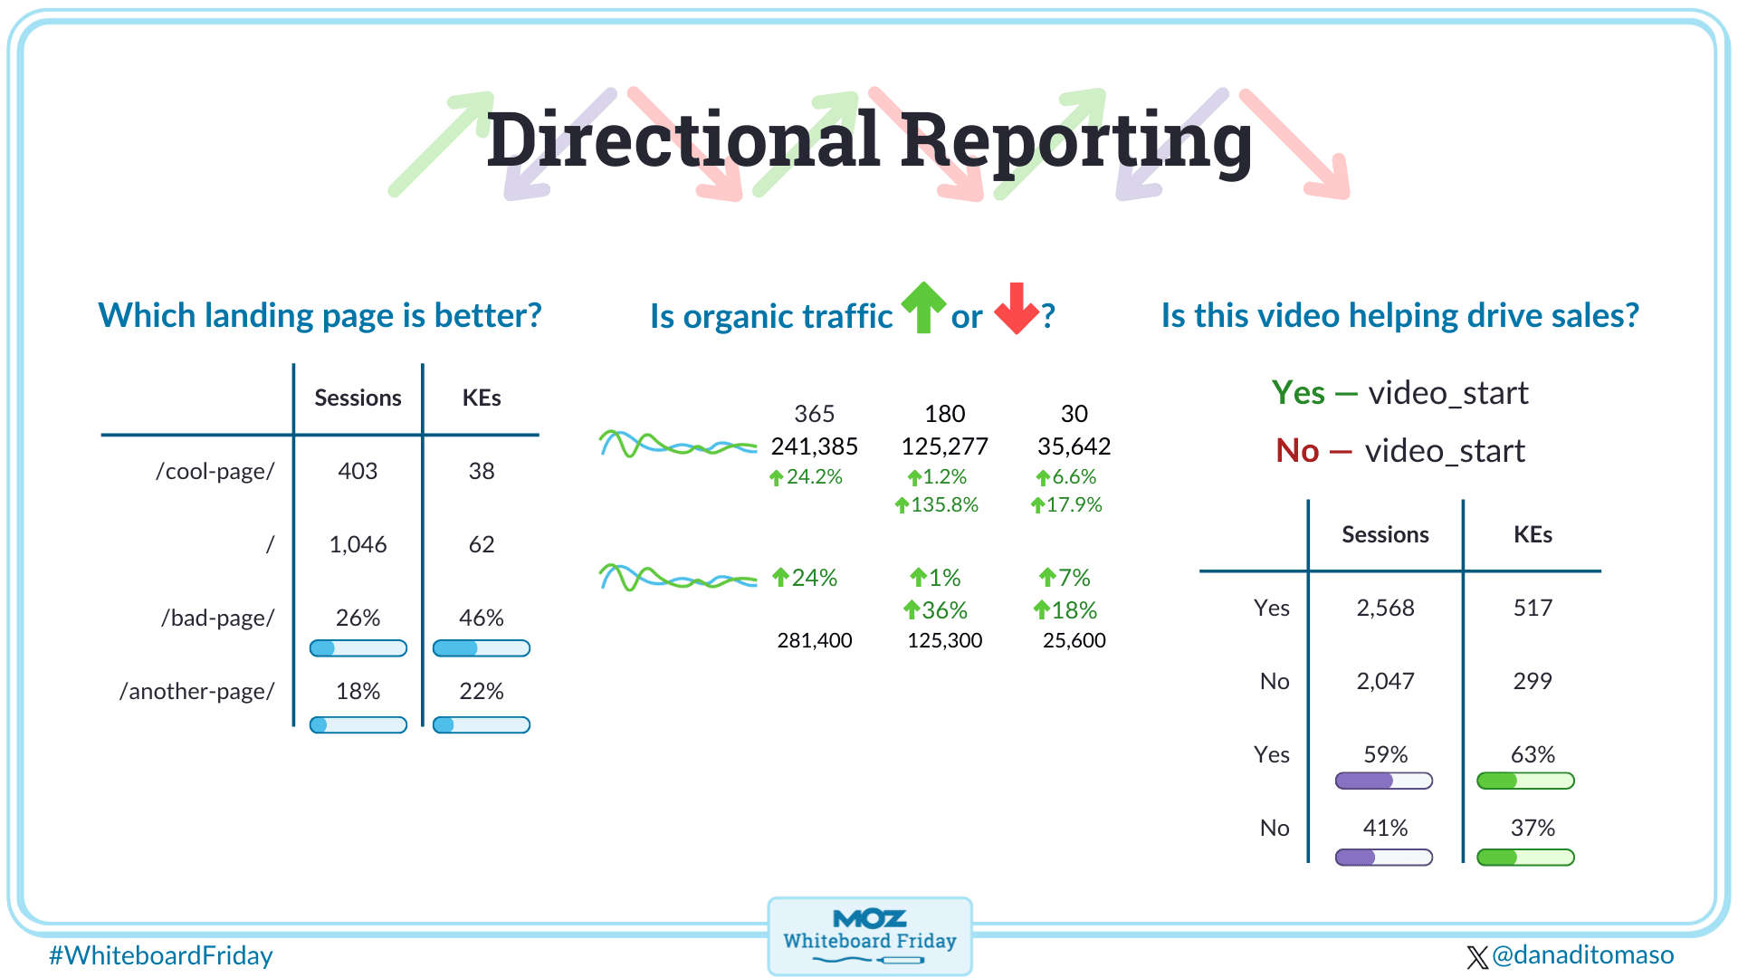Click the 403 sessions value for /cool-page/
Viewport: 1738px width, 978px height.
[x=358, y=471]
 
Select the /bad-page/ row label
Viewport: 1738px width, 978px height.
[x=217, y=618]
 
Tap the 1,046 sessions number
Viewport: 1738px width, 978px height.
[x=358, y=544]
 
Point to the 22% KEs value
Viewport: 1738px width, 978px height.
[x=481, y=691]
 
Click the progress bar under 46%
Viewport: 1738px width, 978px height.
[x=481, y=648]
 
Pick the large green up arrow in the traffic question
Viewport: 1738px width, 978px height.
[x=923, y=307]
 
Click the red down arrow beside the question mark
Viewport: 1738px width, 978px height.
[x=1017, y=308]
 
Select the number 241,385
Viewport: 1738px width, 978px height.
[x=814, y=446]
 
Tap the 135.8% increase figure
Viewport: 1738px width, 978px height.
[x=936, y=504]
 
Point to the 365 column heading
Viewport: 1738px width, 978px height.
[x=814, y=414]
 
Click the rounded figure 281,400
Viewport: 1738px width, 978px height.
[x=814, y=640]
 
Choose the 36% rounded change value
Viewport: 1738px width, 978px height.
[x=936, y=610]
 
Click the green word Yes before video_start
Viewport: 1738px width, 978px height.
[x=1298, y=393]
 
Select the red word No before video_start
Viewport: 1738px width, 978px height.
[x=1297, y=451]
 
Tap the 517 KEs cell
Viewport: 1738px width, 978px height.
[x=1533, y=608]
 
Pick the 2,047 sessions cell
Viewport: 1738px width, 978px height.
[x=1385, y=681]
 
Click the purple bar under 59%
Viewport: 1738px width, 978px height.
[x=1384, y=781]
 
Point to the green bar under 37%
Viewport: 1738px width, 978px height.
[x=1525, y=857]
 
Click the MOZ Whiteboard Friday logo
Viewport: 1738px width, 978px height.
[x=870, y=936]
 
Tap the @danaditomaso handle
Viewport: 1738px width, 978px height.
[x=1571, y=955]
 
